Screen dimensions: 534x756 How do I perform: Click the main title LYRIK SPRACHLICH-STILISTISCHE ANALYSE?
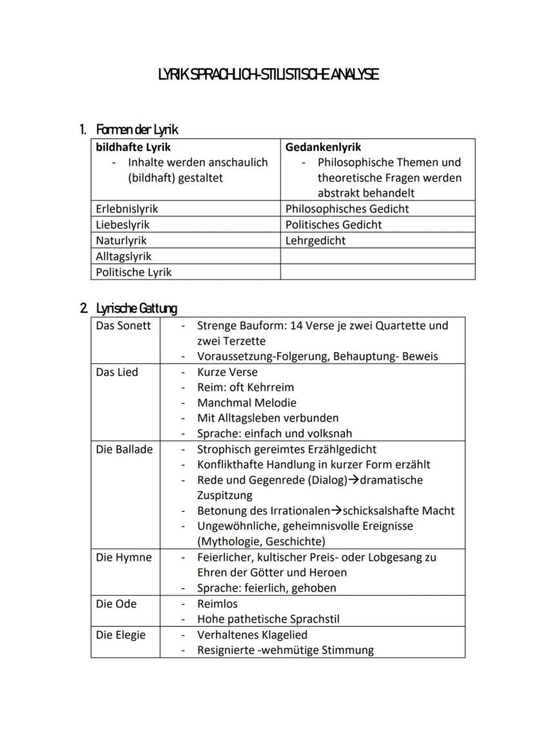tap(268, 75)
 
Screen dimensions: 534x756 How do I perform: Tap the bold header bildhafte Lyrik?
tap(133, 147)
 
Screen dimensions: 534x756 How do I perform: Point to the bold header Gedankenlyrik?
tap(323, 147)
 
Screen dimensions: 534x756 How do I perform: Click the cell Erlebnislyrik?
tap(126, 209)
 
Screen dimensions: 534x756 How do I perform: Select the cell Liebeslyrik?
tap(123, 225)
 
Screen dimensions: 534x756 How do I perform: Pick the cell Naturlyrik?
tap(121, 240)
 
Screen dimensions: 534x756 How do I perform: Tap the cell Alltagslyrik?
tap(123, 256)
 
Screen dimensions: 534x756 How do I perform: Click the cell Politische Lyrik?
tap(133, 272)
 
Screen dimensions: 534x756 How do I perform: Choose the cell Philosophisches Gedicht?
tap(347, 209)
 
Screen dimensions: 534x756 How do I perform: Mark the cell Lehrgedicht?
tap(315, 240)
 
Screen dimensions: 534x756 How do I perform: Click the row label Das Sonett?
tap(123, 325)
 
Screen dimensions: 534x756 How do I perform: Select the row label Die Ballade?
tap(124, 449)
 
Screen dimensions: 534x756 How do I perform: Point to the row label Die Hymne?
tap(124, 557)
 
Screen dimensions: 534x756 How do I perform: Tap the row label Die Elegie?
tap(121, 635)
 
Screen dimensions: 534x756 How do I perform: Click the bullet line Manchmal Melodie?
tap(246, 403)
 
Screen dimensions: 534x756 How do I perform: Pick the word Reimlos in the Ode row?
tap(217, 604)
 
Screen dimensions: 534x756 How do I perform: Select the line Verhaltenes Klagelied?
tap(252, 635)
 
